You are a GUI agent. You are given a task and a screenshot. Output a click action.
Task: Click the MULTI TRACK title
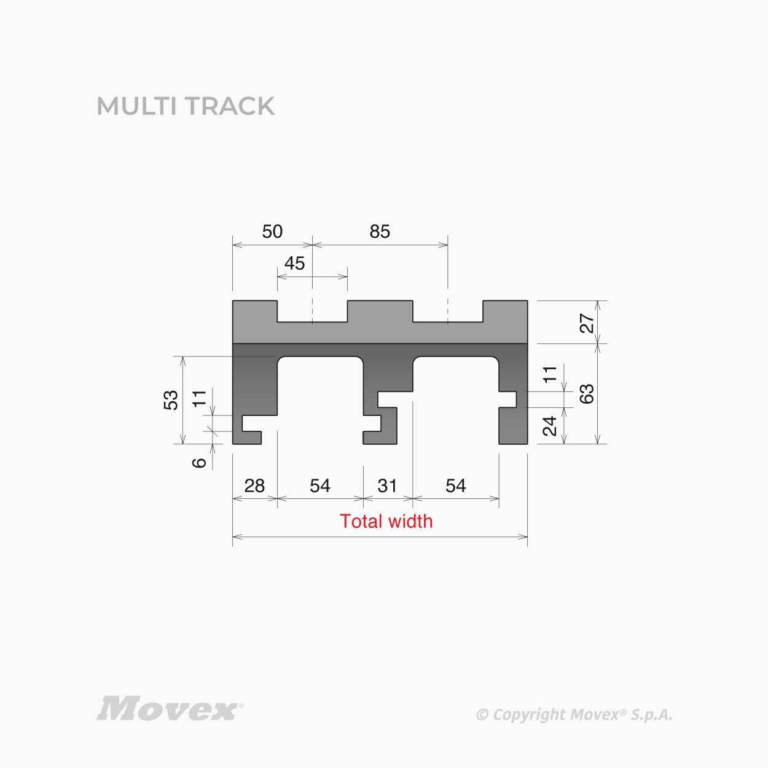tap(186, 106)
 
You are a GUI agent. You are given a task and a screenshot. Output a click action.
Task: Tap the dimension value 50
tap(272, 232)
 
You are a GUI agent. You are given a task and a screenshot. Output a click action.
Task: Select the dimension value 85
tap(380, 232)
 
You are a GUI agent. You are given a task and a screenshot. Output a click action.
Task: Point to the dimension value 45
tap(294, 264)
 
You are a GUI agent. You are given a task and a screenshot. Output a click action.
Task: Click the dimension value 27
tap(587, 323)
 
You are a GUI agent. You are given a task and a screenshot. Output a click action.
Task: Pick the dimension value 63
tap(587, 394)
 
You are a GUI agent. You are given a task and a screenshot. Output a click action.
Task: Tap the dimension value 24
tap(550, 426)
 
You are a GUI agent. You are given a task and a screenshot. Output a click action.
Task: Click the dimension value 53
tap(171, 400)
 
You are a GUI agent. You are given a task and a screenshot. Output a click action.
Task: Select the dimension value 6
tap(199, 463)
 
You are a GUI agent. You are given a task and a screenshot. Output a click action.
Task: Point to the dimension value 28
tap(254, 486)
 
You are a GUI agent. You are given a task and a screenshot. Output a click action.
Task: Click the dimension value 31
tap(387, 486)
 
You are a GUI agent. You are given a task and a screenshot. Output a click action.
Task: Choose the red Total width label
tap(386, 521)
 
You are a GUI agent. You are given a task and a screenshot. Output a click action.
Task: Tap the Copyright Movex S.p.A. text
tap(574, 715)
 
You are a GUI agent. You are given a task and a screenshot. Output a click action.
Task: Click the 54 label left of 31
tap(320, 486)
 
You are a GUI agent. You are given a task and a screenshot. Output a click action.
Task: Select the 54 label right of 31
tap(455, 486)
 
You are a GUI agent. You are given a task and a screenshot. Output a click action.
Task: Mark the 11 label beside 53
tap(199, 398)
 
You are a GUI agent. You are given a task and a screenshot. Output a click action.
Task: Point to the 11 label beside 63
tap(550, 374)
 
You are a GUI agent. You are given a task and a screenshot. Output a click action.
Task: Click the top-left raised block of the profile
tap(255, 312)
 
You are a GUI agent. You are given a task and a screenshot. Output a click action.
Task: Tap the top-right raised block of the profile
tap(506, 312)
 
